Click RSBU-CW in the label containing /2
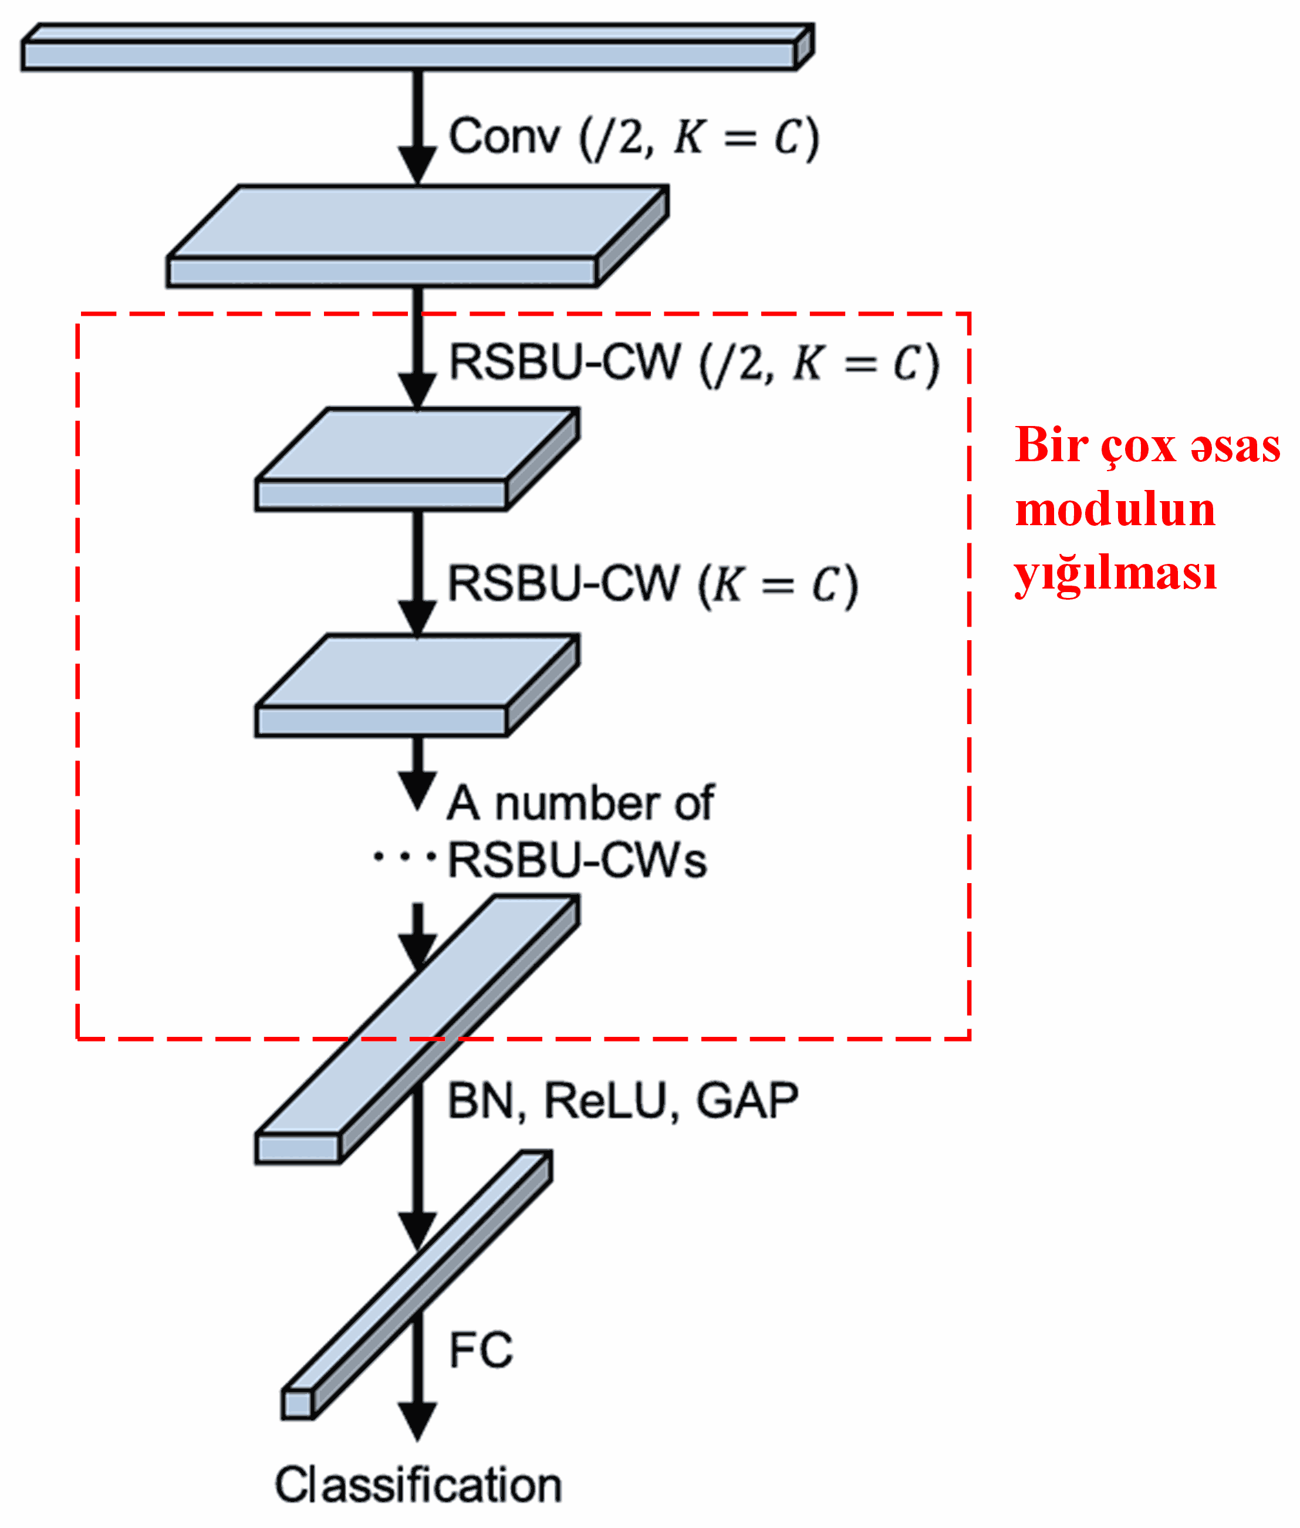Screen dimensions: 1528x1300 [565, 363]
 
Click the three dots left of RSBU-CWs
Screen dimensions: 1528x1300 [404, 857]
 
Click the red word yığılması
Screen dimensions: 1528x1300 [1115, 574]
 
